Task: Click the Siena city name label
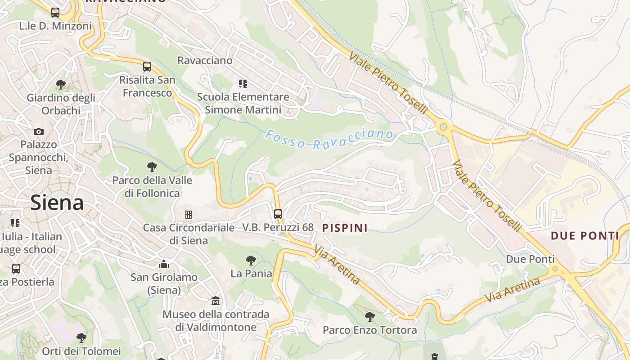[x=57, y=203]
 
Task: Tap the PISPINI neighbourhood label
[x=345, y=228]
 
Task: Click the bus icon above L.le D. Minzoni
[x=55, y=13]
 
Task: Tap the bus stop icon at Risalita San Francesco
[x=147, y=67]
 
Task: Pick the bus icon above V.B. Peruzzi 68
[x=278, y=214]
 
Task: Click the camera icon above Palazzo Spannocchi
[x=39, y=131]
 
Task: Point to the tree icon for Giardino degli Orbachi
[x=61, y=84]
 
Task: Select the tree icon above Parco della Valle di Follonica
[x=152, y=167]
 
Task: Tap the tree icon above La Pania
[x=251, y=260]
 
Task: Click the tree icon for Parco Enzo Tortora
[x=369, y=317]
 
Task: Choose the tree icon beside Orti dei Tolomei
[x=81, y=337]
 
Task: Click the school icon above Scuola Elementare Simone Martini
[x=243, y=83]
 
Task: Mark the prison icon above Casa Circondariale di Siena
[x=189, y=215]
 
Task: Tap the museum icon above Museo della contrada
[x=216, y=301]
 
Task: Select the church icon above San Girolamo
[x=164, y=264]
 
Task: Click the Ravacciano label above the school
[x=205, y=60]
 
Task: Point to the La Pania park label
[x=251, y=274]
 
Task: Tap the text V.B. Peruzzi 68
[x=278, y=227]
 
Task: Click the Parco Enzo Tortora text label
[x=370, y=330]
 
